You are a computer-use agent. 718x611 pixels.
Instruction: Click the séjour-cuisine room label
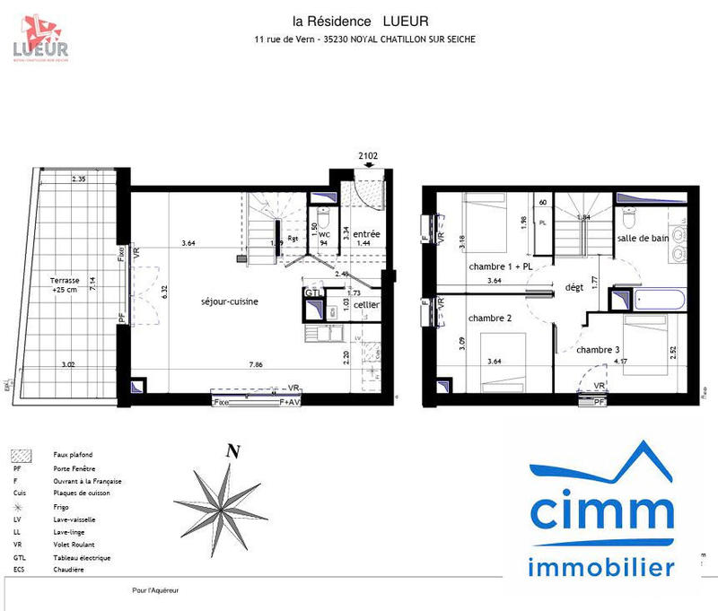tap(230, 301)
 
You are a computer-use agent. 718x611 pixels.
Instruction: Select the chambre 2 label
tap(490, 319)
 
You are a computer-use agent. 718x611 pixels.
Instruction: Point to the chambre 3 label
tap(599, 349)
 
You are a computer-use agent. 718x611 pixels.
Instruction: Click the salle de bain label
tap(642, 238)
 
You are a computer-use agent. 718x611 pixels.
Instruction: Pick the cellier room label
tap(366, 306)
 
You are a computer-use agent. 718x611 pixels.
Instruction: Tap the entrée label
tap(365, 233)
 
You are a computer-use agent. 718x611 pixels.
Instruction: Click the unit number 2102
tap(368, 155)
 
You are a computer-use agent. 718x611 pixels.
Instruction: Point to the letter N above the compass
tap(232, 452)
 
